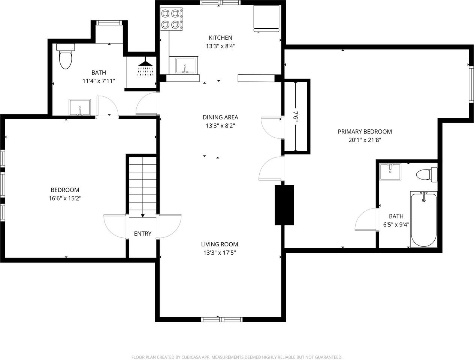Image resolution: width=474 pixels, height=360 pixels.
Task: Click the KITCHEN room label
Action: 220,38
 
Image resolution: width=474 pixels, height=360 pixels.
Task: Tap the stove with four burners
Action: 172,19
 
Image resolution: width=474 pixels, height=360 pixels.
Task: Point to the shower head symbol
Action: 145,66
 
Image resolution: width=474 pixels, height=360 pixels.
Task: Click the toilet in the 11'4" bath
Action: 66,56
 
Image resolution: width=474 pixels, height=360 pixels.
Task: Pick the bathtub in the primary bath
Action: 424,219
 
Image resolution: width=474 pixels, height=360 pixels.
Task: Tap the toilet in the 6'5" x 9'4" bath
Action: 427,174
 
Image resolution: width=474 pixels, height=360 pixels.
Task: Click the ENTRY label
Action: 142,234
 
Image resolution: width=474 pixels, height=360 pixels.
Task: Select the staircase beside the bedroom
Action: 142,186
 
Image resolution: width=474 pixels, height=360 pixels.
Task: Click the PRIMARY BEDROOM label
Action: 365,132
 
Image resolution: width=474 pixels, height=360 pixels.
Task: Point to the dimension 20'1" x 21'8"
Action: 365,140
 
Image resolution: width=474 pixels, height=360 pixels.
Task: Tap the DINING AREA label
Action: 220,117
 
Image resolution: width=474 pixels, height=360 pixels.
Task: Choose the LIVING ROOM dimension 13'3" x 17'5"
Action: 220,253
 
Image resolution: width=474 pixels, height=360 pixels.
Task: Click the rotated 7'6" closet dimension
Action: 297,117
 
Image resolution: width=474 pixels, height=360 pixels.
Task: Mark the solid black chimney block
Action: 284,205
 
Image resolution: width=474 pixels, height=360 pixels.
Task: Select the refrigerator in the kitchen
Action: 266,19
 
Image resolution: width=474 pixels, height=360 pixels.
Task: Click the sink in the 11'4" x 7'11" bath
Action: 80,107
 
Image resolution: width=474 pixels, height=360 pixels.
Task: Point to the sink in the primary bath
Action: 390,172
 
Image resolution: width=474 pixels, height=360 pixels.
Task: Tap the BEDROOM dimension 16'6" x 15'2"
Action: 65,199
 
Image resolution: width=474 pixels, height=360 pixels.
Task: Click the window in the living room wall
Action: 222,319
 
